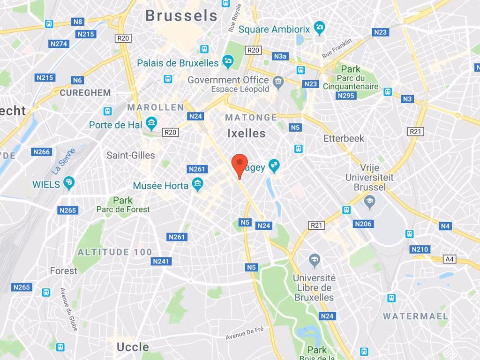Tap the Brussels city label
[x=181, y=15]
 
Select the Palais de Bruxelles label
[x=178, y=63]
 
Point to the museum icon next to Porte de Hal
[x=151, y=124]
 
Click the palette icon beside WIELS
[x=69, y=183]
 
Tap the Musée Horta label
[x=160, y=186]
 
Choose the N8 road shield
[x=77, y=22]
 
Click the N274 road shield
[x=59, y=44]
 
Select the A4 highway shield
[x=450, y=259]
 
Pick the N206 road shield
[x=363, y=224]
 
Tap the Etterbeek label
[x=344, y=138]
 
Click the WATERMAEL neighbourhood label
[x=415, y=316]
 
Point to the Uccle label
[x=133, y=347]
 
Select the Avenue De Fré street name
[x=245, y=333]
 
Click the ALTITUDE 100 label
[x=115, y=252]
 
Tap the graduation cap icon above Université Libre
[x=315, y=259]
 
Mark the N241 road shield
[x=161, y=261]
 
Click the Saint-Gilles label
[x=130, y=155]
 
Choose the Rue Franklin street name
[x=337, y=49]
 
